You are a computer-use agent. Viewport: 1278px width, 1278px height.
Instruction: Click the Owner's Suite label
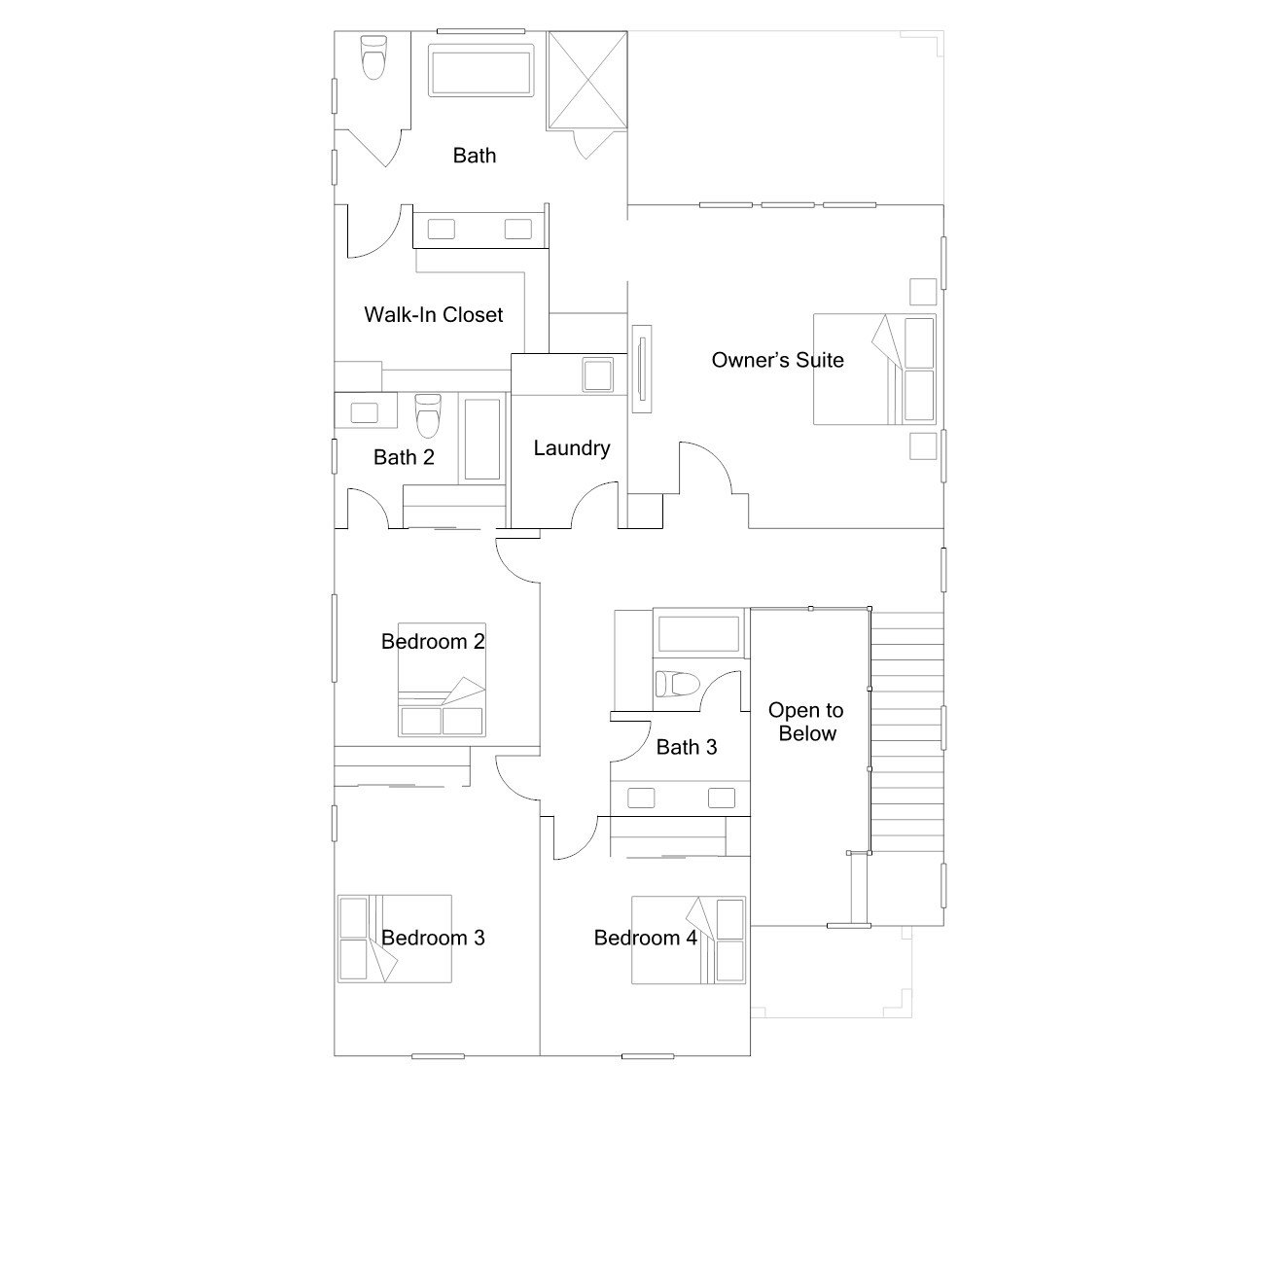tap(777, 360)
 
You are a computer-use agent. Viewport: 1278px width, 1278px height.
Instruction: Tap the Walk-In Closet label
tap(434, 314)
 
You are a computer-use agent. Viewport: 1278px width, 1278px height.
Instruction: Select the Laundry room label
tap(572, 448)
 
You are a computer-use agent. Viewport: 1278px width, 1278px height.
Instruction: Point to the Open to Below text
tap(806, 722)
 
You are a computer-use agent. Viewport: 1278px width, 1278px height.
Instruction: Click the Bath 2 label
tap(404, 457)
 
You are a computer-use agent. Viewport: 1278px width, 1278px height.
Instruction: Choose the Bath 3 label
tap(687, 747)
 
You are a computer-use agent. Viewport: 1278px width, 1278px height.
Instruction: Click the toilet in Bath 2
tap(428, 415)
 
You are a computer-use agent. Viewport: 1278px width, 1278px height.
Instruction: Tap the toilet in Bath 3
tap(678, 684)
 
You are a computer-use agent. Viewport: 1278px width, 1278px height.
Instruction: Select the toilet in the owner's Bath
tap(373, 56)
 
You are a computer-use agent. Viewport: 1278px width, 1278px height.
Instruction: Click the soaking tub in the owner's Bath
tap(480, 70)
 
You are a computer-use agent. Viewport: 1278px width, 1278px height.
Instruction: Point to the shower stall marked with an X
tap(587, 80)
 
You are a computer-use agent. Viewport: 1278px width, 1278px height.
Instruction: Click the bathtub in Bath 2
tap(482, 439)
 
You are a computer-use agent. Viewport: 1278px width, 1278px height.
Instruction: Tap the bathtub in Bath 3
tap(698, 634)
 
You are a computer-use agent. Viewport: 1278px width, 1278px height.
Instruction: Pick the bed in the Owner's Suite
tap(874, 370)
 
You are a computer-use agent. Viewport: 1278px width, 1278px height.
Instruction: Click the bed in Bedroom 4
tap(689, 940)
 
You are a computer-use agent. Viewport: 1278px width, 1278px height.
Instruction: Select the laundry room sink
tap(597, 374)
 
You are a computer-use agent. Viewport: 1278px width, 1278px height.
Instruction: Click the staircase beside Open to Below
tap(907, 732)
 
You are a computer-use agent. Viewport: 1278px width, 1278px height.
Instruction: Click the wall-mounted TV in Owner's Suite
tap(641, 370)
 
